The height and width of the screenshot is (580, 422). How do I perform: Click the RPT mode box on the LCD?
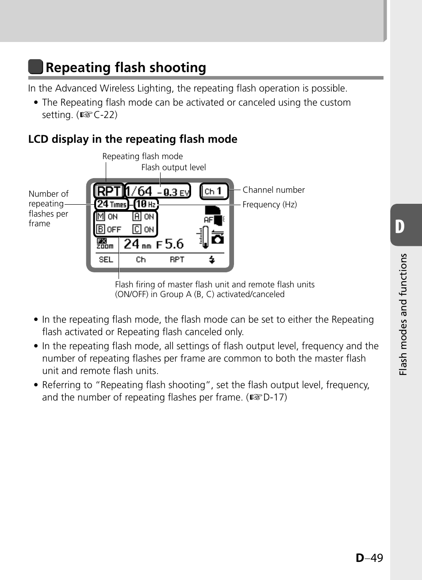point(108,191)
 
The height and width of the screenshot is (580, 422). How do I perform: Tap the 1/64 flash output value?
point(139,191)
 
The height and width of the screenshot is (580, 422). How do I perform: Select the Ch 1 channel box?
point(214,191)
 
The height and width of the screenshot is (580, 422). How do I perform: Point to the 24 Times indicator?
point(111,204)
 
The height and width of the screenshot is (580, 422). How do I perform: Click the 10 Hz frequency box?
point(146,204)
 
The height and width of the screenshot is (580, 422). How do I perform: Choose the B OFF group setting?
point(108,229)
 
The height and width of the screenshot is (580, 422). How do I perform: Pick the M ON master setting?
point(107,217)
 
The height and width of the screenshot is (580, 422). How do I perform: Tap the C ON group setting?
point(144,229)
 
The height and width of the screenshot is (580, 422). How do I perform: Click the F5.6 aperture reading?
point(170,244)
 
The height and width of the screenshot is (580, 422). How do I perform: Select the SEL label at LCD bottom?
point(106,259)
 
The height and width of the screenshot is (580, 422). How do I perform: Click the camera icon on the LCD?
point(218,239)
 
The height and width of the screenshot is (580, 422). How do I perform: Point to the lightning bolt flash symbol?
point(212,259)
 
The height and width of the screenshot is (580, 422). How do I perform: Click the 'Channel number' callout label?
point(273,190)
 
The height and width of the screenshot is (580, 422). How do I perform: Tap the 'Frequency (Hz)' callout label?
point(269,205)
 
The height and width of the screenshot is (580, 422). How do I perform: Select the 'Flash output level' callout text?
point(173,168)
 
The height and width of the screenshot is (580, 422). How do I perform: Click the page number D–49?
point(369,558)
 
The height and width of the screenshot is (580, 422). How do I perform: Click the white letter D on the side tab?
point(400,226)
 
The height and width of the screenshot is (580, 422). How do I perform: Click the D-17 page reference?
point(274,397)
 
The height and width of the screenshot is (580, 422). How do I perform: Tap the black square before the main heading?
point(35,67)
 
